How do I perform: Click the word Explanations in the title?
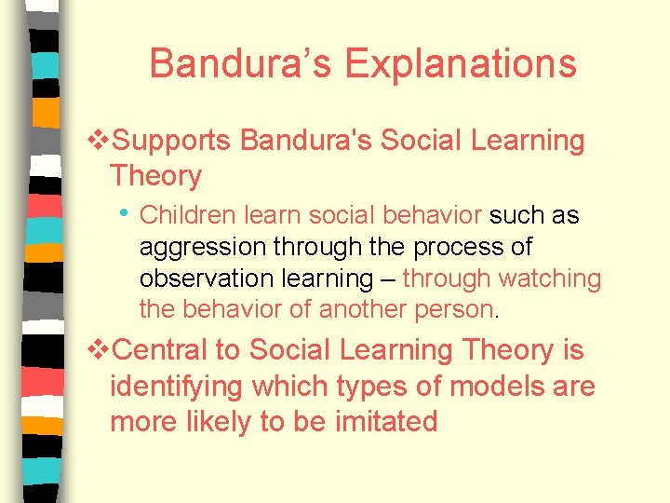point(461,64)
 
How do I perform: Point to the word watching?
point(551,279)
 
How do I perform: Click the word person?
point(458,308)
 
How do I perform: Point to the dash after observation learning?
point(387,279)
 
